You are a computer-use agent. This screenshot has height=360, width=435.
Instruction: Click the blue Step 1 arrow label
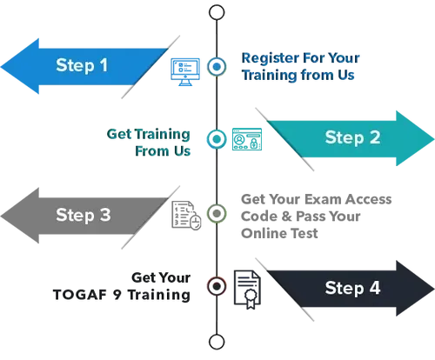point(82,65)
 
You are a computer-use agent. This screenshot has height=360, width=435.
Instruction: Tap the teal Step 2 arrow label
point(352,137)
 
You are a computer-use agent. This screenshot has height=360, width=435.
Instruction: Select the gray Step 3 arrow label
point(84,215)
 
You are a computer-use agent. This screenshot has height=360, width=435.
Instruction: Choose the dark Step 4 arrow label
point(352,288)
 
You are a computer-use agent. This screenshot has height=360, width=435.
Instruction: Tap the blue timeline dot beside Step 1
point(217,66)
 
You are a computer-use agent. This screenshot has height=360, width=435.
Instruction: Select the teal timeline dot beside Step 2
point(217,139)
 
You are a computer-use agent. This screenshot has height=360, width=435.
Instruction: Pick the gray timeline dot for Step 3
point(217,214)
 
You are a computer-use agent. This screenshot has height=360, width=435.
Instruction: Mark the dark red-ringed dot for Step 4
point(217,286)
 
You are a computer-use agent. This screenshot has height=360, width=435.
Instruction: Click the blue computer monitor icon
point(185,72)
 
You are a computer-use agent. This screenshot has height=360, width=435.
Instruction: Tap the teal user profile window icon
point(247,139)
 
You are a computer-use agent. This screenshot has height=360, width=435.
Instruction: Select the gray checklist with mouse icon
point(186,216)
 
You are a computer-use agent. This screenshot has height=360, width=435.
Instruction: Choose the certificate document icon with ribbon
point(247,290)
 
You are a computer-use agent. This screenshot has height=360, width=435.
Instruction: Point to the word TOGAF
point(80,295)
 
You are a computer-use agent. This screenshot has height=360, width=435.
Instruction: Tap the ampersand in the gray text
point(286,217)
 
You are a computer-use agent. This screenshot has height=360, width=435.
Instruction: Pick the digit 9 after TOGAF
point(117,295)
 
